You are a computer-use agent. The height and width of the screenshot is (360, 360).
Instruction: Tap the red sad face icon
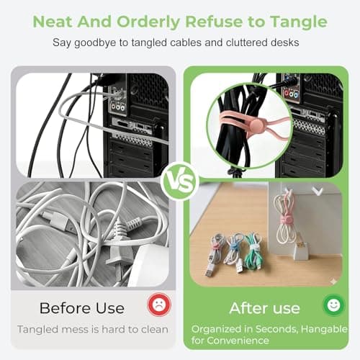point(156,305)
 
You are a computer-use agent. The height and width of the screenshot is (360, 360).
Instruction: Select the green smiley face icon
point(332,305)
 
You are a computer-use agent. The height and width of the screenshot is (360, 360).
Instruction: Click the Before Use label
point(82,307)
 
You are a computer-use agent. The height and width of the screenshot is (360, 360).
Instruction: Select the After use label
point(264,307)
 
